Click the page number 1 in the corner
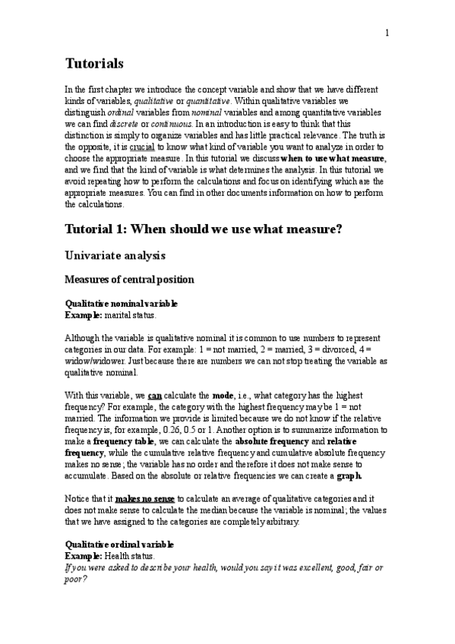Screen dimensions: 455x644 (x=387, y=33)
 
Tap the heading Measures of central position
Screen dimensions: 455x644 (x=129, y=279)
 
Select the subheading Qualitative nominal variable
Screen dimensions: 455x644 (x=122, y=303)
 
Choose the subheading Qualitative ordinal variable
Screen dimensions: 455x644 (x=119, y=545)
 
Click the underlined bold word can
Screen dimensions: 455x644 (x=154, y=395)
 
